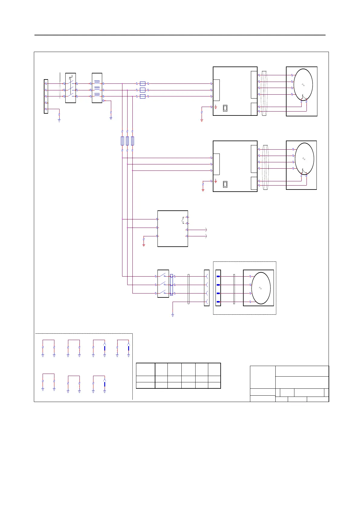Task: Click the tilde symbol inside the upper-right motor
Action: click(303, 85)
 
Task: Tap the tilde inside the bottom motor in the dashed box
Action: click(260, 288)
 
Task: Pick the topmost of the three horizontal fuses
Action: click(143, 83)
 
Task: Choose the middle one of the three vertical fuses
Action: click(127, 141)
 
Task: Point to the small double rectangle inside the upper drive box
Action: click(225, 108)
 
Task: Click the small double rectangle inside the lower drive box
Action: click(225, 184)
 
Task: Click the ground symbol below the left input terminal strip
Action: click(59, 120)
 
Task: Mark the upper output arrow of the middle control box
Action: click(206, 230)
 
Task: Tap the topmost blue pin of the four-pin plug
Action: click(218, 277)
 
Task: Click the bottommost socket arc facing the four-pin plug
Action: click(207, 302)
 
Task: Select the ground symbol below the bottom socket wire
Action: click(173, 315)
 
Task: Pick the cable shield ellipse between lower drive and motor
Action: click(266, 167)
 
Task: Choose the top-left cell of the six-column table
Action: click(145, 369)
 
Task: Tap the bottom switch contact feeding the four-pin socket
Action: click(163, 292)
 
